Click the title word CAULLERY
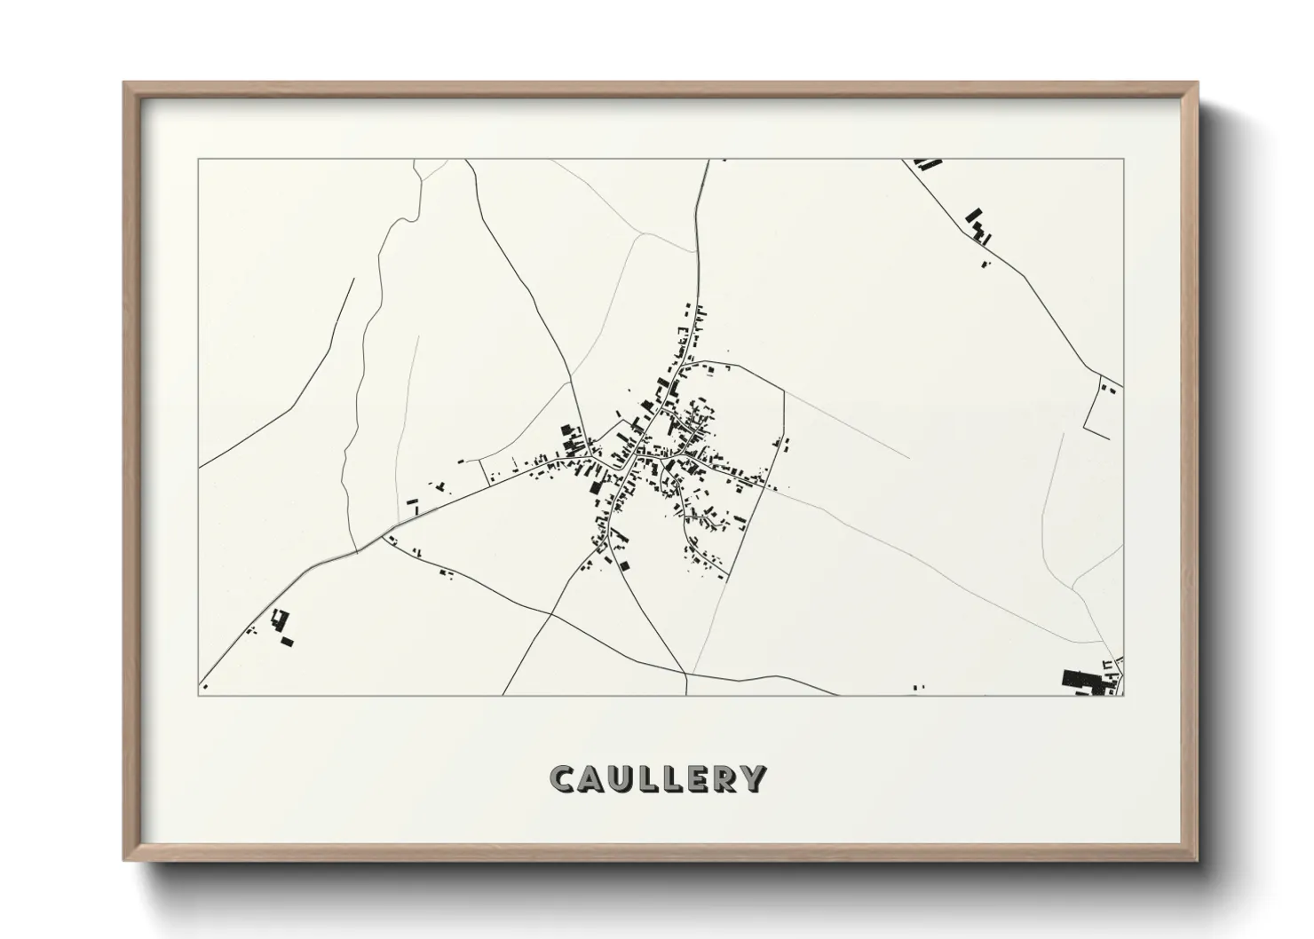tap(657, 778)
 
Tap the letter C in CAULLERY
tap(562, 778)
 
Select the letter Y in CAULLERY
tap(753, 778)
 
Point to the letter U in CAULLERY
tap(619, 778)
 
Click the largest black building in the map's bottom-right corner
tap(1080, 680)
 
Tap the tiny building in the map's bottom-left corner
tap(205, 686)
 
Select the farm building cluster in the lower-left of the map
tap(282, 626)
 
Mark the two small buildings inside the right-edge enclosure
tap(1108, 387)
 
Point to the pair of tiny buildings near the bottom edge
tap(918, 686)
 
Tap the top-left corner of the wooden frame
tap(125, 83)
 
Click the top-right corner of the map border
tap(1123, 160)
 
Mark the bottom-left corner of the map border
tap(199, 696)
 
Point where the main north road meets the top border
tap(708, 160)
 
